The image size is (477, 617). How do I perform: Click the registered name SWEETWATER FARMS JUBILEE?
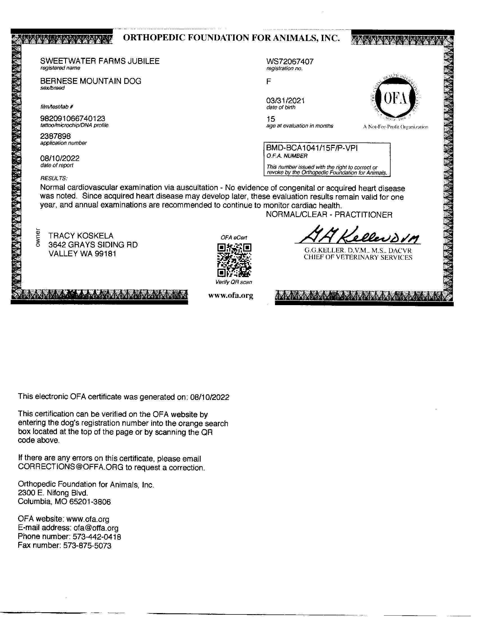coord(100,61)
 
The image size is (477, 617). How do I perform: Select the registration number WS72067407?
coord(290,62)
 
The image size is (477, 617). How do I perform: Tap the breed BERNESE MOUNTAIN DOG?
coord(91,81)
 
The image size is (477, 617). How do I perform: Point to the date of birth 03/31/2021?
coord(285,101)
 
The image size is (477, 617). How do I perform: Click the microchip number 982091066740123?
coord(73,118)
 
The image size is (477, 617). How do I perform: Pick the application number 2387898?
coord(55,137)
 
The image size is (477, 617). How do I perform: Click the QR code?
coord(234,260)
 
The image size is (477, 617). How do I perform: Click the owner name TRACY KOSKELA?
coord(81,236)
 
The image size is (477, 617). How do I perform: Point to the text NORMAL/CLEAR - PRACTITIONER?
coord(329,215)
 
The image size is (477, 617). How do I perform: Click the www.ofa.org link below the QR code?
coord(231,296)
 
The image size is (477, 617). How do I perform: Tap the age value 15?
coord(270,119)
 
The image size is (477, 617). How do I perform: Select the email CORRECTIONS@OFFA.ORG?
coord(71,467)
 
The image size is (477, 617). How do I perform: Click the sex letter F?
coord(269,82)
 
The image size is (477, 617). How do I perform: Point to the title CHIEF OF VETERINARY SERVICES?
coord(358,257)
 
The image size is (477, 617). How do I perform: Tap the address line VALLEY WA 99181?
coord(82,254)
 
